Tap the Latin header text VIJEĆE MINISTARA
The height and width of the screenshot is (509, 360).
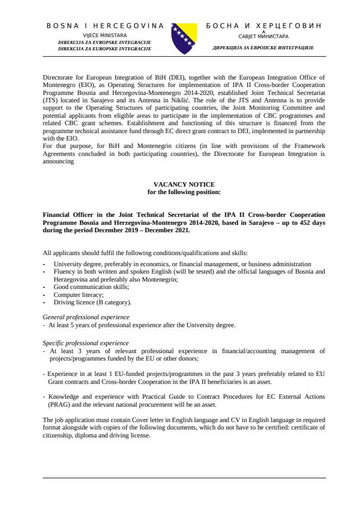(104, 34)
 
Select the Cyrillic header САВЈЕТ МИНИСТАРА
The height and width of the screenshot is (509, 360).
(263, 37)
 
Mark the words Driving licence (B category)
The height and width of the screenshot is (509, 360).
(92, 302)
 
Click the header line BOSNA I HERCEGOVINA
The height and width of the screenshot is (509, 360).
(105, 25)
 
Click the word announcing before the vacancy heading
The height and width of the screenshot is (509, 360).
(58, 162)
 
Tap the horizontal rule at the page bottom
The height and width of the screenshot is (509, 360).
(185, 478)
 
